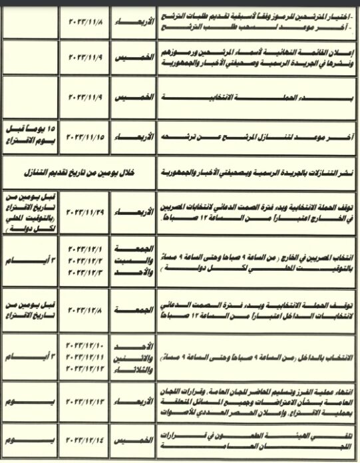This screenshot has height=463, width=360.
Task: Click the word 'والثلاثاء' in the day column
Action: tap(131, 369)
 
